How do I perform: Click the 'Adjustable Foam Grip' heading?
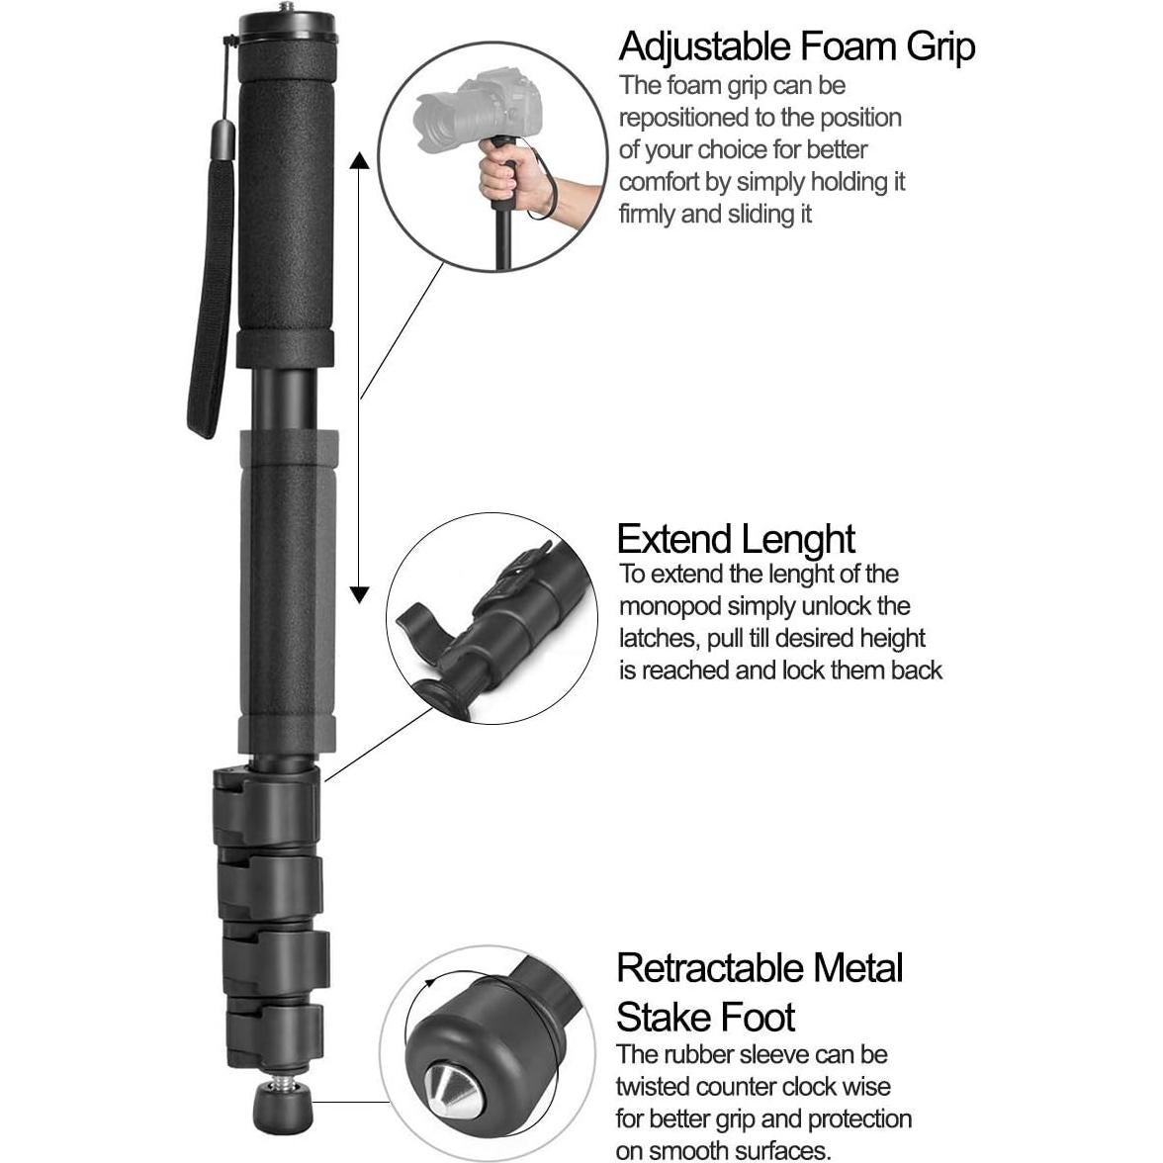(x=796, y=46)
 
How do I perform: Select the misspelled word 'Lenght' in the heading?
(x=799, y=539)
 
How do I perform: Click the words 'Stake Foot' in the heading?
(x=706, y=1017)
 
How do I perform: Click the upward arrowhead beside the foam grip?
(x=360, y=160)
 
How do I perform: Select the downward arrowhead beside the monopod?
(x=360, y=593)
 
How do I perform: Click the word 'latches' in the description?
(x=658, y=638)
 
